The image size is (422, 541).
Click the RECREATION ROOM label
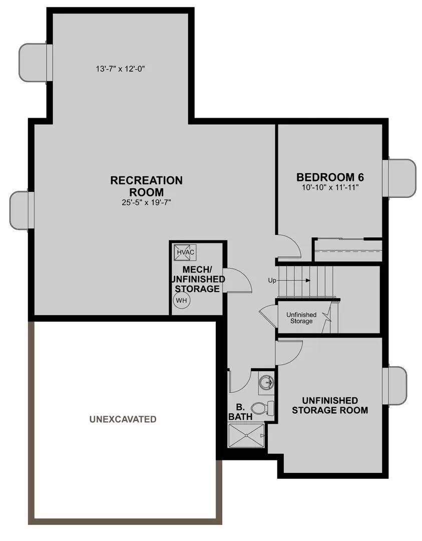coord(146,185)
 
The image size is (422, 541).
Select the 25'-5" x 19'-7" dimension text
coord(146,203)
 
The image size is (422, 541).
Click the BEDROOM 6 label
coord(330,177)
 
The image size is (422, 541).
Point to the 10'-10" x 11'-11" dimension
coord(330,187)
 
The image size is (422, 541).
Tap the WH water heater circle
coord(181,301)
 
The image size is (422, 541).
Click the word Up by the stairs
coord(272,281)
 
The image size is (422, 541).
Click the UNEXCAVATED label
coord(123,419)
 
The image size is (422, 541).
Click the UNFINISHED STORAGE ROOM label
coord(330,405)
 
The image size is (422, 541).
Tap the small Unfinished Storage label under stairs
coord(301,318)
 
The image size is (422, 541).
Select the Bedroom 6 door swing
coord(289,247)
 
